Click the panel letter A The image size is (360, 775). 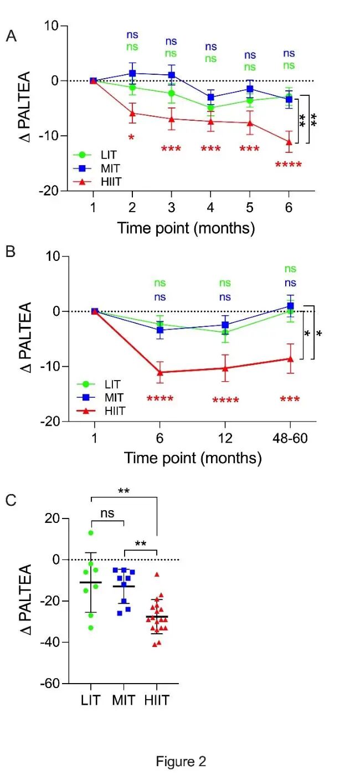point(11,35)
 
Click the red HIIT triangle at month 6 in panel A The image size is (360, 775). point(289,142)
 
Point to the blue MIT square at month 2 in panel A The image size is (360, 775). point(132,73)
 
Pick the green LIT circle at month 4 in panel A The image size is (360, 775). point(210,107)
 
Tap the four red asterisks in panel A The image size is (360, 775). point(289,165)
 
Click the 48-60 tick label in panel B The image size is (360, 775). point(290,438)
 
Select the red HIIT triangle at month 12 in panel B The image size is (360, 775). point(225,368)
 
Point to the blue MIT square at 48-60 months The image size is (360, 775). point(290,306)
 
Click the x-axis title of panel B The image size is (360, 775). point(193,458)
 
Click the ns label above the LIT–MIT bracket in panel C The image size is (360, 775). point(107,514)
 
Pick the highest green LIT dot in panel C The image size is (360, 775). point(91,533)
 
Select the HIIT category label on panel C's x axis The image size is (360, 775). point(157,700)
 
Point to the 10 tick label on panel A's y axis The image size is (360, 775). point(51,26)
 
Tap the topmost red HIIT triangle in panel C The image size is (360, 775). point(157,574)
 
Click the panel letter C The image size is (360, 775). point(11,500)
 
